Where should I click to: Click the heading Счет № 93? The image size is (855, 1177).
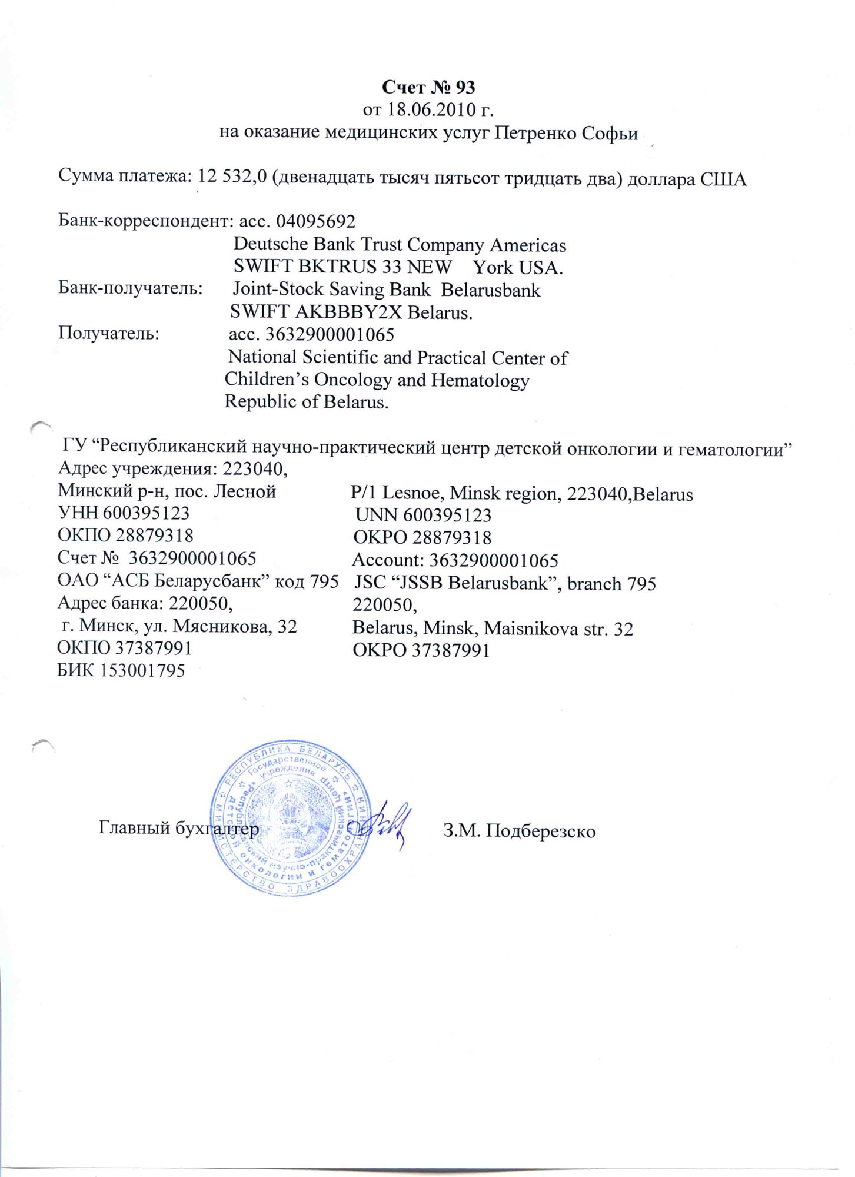(x=428, y=87)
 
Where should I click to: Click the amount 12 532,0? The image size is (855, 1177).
(x=234, y=177)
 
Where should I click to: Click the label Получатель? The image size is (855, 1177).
(x=108, y=334)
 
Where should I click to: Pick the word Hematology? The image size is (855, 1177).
(x=480, y=380)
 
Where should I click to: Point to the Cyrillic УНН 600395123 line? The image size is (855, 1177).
(x=124, y=513)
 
